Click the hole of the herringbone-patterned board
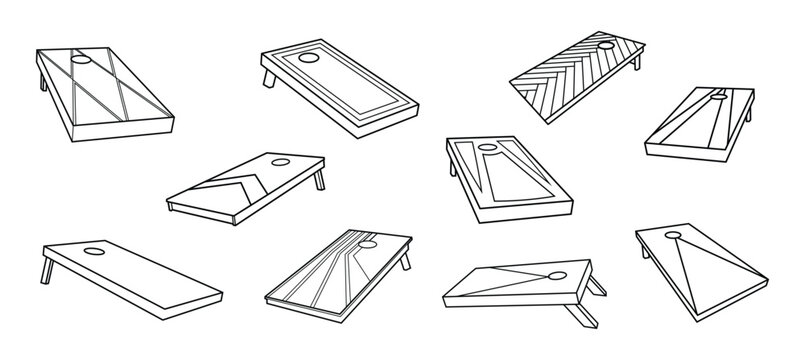pyautogui.click(x=607, y=46)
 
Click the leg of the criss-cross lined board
pyautogui.click(x=41, y=82)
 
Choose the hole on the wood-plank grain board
pyautogui.click(x=369, y=242)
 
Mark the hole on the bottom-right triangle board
pyautogui.click(x=674, y=237)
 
